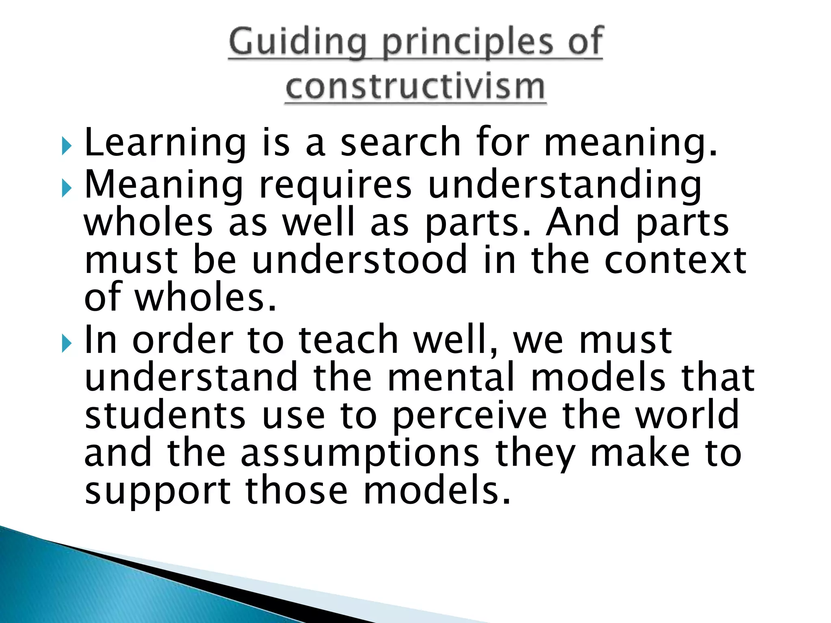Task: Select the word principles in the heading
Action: coord(467,43)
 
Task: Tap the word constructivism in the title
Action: coord(415,87)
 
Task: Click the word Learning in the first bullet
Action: coord(165,143)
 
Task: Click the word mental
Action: coord(451,377)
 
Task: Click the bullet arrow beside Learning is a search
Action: coord(67,146)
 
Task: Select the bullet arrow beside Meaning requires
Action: coord(67,188)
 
